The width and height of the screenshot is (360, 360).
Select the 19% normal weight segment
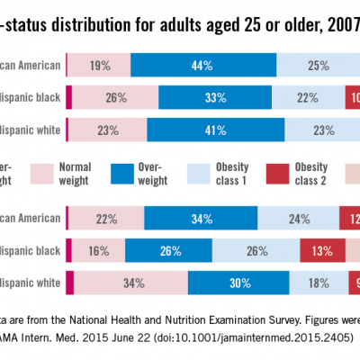(x=99, y=65)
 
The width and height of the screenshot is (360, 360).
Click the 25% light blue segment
(x=317, y=65)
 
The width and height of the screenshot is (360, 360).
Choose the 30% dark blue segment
(x=239, y=283)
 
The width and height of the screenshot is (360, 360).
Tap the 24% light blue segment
(x=299, y=219)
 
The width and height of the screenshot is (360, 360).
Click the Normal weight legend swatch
(x=43, y=173)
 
